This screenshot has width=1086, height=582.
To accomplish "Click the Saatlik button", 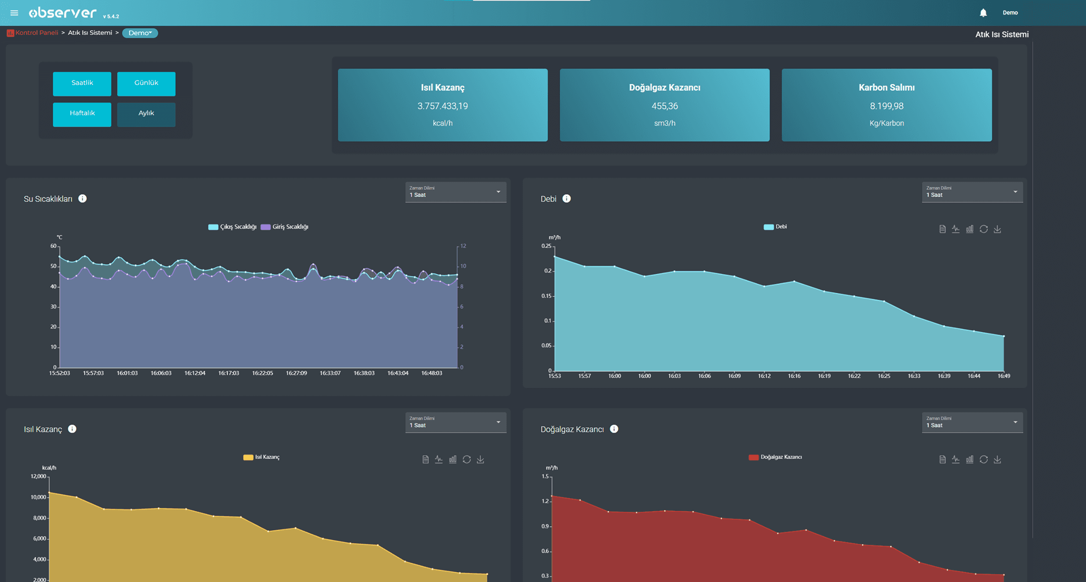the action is tap(82, 83).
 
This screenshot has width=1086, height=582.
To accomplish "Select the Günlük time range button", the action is tap(146, 83).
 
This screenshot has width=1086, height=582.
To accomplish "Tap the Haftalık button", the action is tap(82, 114).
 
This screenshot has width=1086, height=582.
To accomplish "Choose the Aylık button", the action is tap(146, 114).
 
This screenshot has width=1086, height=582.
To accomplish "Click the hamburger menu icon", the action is tap(14, 13).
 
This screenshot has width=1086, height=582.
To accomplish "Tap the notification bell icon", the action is tap(983, 13).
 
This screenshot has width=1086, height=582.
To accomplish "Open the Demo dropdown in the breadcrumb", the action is tap(140, 33).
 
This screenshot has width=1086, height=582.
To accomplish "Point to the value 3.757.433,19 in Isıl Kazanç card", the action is tap(442, 106).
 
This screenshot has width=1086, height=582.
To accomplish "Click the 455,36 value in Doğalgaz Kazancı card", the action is tap(664, 106).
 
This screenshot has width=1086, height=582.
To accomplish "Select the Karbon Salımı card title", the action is tap(886, 87).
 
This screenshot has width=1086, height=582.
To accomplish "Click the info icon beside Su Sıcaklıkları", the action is tap(82, 199).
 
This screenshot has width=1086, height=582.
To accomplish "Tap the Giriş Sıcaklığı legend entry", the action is tap(285, 227).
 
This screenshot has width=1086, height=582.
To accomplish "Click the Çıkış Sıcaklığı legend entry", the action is tap(232, 227).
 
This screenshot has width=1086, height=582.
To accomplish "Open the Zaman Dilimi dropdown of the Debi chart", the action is tap(972, 192).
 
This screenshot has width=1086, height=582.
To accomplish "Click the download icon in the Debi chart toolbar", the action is tap(997, 229).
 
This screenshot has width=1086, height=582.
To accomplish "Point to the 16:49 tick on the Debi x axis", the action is tap(1004, 376).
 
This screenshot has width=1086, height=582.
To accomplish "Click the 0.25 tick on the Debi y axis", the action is tap(546, 246).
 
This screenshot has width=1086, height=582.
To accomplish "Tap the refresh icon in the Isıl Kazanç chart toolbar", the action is tap(467, 460).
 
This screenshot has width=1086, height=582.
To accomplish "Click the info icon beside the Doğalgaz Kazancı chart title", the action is tap(614, 429).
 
